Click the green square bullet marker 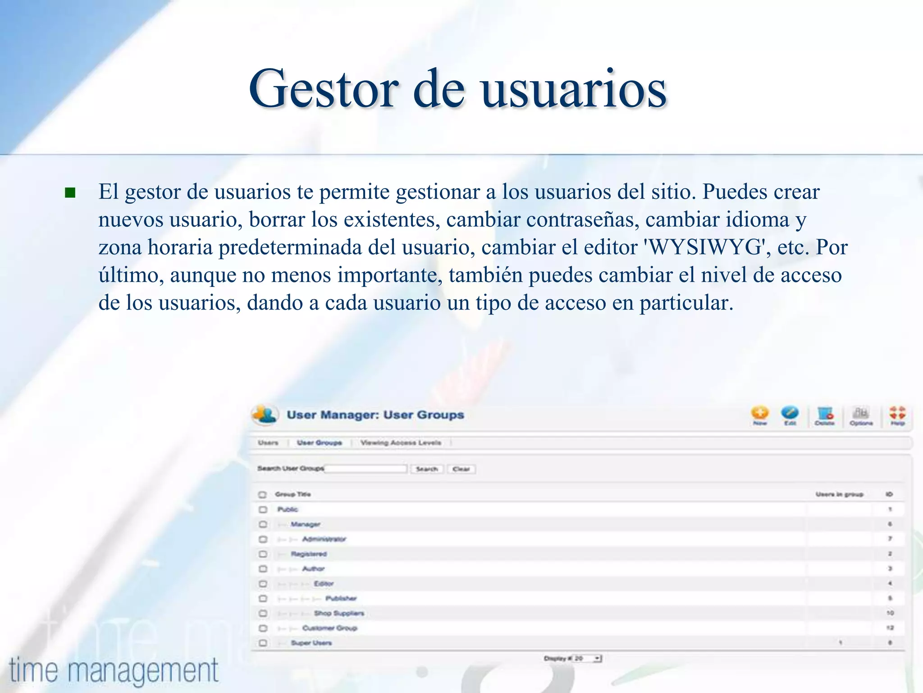coord(70,193)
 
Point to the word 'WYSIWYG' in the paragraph coord(706,247)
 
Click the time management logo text coord(114,670)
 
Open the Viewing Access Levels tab coord(401,443)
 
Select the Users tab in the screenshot coord(268,443)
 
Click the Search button coord(427,469)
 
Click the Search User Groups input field coord(366,469)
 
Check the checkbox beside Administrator coord(263,539)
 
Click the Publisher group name coord(341,598)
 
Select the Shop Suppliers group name coord(339,613)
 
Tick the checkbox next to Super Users coord(263,643)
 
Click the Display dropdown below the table coord(587,659)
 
